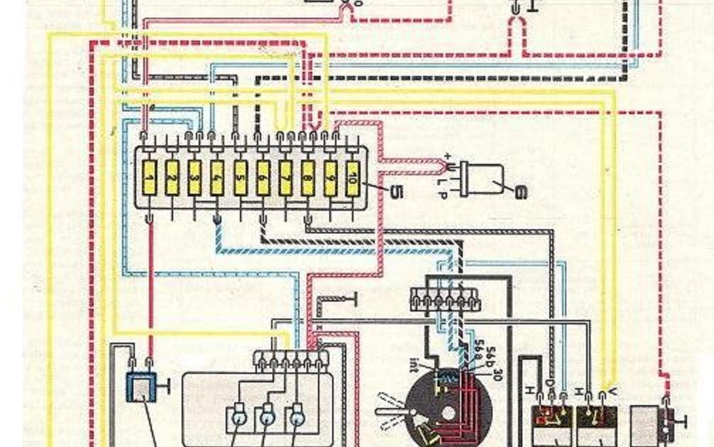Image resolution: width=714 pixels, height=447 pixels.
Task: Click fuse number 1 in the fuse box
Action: (x=150, y=177)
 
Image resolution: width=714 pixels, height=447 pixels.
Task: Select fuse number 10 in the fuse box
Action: (x=352, y=177)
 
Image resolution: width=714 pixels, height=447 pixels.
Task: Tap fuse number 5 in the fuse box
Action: (x=241, y=177)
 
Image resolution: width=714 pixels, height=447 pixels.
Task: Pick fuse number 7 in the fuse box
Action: (x=285, y=177)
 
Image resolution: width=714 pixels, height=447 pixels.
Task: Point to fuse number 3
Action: (x=194, y=177)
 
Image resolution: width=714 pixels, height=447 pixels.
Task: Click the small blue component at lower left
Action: (x=141, y=386)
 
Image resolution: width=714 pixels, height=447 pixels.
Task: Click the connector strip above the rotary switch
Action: (x=446, y=300)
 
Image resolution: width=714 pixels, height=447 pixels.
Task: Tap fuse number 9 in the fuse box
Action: (x=330, y=177)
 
